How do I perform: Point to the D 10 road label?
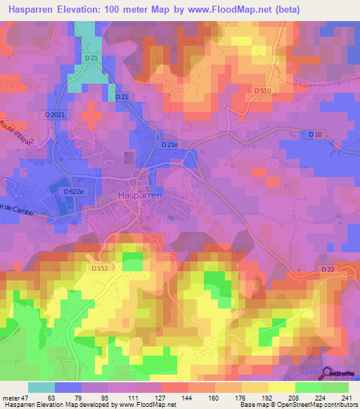(x=316, y=134)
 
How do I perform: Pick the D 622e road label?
(x=74, y=191)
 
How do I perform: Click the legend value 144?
(x=188, y=397)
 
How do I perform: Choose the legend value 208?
(x=295, y=397)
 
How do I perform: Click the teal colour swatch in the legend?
(x=41, y=387)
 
